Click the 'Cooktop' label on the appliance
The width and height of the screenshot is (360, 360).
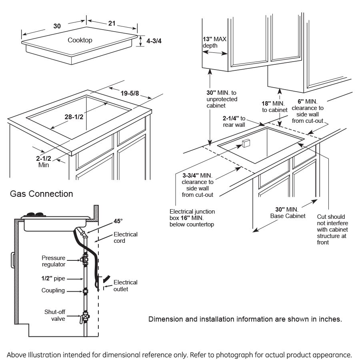pos(80,40)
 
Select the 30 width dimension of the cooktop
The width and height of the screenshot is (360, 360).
pos(57,26)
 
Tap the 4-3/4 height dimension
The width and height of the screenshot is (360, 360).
pos(153,40)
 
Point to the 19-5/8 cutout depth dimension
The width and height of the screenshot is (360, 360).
pos(129,94)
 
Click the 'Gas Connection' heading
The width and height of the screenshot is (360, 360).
pos(42,194)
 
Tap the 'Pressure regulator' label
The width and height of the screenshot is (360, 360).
pos(54,261)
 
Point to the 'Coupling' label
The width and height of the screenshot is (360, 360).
pos(53,290)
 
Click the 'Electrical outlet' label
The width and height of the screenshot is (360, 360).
pos(125,286)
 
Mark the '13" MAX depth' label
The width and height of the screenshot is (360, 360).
pos(215,42)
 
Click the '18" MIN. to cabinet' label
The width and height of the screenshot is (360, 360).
pos(275,106)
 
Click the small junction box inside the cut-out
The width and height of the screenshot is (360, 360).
pos(246,143)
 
